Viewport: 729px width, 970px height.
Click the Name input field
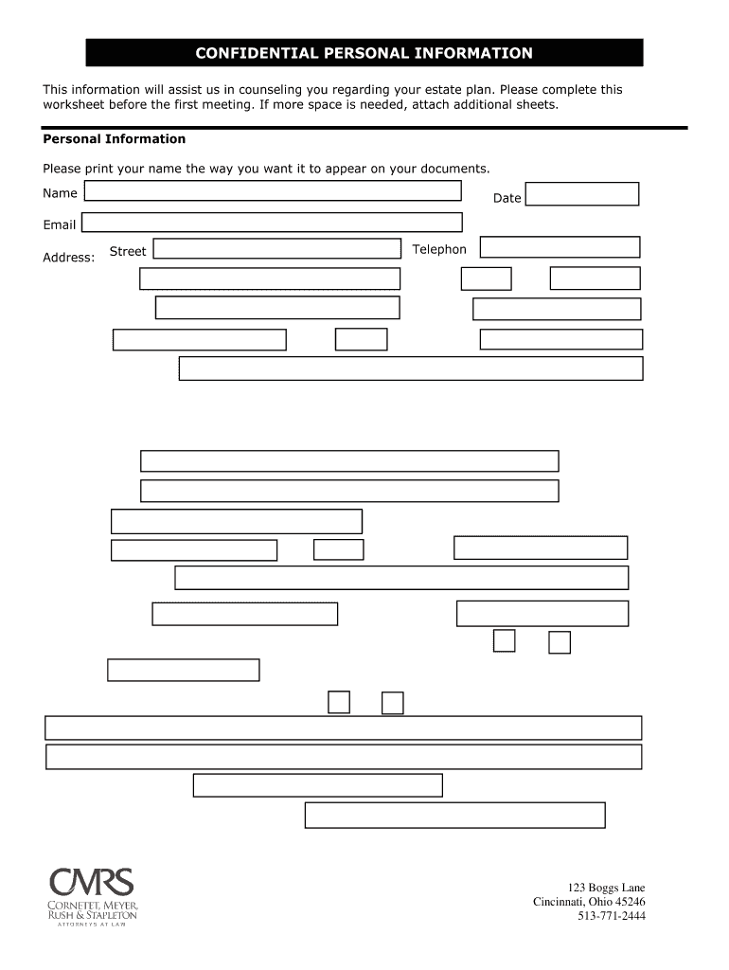tap(273, 190)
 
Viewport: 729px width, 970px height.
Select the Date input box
tap(581, 194)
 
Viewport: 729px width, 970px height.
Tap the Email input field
tap(272, 223)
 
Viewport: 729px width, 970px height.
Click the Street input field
tap(276, 248)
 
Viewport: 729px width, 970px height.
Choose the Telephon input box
tap(560, 247)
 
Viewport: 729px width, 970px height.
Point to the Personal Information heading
tap(115, 139)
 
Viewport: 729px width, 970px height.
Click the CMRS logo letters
tap(92, 883)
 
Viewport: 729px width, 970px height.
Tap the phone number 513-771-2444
tap(612, 916)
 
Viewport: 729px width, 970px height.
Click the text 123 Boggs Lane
tap(607, 888)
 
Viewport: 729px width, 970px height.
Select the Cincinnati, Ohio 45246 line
tap(589, 902)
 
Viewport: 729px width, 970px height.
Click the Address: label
tap(69, 258)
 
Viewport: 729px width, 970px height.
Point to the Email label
tap(59, 225)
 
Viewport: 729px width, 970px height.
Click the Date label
tap(507, 198)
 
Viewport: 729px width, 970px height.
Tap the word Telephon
tap(439, 249)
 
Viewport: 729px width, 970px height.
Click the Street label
tap(128, 251)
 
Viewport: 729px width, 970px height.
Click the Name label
tap(60, 193)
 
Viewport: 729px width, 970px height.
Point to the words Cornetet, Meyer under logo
tap(93, 907)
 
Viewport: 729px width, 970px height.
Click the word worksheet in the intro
tap(74, 104)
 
